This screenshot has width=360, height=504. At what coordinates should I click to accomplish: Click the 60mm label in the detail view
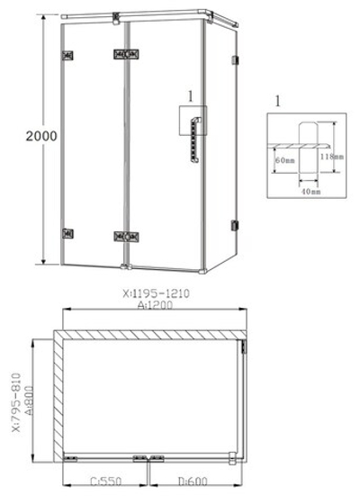285,159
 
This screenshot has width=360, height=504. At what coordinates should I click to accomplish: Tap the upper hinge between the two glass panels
126,54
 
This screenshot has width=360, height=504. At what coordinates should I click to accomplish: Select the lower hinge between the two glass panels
126,238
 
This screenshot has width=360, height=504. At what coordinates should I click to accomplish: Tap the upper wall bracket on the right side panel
235,60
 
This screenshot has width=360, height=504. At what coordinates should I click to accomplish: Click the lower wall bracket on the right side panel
235,224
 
